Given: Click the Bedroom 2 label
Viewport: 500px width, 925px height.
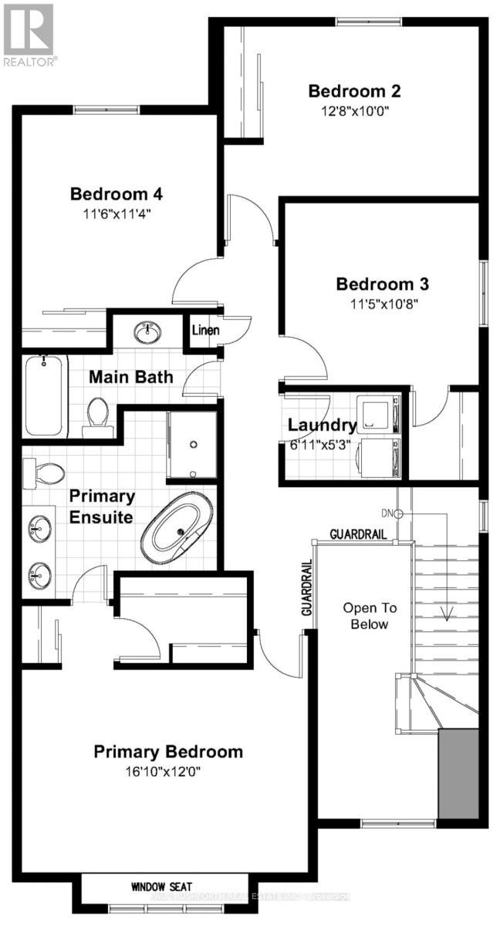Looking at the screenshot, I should [354, 91].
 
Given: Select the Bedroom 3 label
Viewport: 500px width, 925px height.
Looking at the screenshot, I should [383, 284].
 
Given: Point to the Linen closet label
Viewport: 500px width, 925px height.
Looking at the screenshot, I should [206, 331].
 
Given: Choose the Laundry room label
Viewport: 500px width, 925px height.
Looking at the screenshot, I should [322, 425].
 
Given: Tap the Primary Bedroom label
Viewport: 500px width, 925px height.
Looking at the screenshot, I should [168, 752].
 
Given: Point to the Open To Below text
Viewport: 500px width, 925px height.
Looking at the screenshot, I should [366, 616].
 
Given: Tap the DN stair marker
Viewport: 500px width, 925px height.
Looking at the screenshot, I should [392, 513].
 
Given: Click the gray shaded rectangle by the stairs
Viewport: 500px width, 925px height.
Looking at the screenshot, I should [458, 773].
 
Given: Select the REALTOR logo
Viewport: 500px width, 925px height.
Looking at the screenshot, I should [29, 35].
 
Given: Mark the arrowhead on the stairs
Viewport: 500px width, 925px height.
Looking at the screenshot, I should [446, 614].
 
